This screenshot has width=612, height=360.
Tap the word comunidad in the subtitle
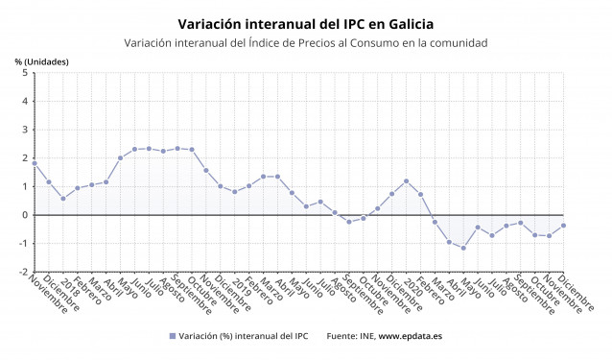tap(454, 43)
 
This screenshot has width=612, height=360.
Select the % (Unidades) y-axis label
tap(41, 61)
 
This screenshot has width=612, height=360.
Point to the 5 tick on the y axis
tap(25, 73)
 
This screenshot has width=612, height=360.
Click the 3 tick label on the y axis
tap(25, 130)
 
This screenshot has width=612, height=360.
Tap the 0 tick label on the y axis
tap(25, 215)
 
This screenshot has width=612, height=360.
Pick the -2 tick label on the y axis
tap(23, 272)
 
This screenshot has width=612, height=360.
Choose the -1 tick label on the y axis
tap(23, 244)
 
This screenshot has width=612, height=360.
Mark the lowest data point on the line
tap(464, 249)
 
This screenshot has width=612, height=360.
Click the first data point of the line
tap(35, 163)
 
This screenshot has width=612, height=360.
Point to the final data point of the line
tap(563, 226)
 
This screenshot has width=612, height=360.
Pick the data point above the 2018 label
tap(63, 198)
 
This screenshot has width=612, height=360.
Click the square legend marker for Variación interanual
tap(173, 336)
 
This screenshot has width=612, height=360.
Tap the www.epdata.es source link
tap(411, 336)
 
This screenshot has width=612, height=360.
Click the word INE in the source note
tap(365, 336)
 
